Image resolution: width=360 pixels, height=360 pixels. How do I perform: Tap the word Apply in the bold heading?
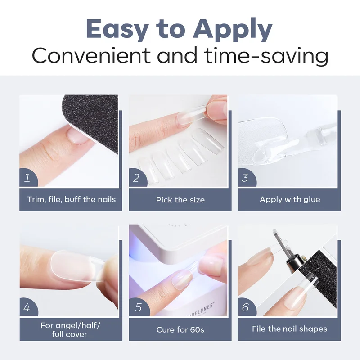point(233,30)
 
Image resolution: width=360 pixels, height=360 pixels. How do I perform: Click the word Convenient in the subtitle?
point(91,55)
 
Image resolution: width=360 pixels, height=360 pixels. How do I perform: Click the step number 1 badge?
point(27,178)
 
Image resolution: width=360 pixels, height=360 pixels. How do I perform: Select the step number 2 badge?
point(137,178)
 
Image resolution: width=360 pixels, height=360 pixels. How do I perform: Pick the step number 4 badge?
point(27,307)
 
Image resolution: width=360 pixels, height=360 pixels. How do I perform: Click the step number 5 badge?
point(138,307)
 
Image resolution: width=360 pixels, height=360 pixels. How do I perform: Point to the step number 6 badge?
point(246,307)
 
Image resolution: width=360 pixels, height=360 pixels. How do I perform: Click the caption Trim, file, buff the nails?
point(72,199)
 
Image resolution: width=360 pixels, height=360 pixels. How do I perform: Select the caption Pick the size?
point(180,200)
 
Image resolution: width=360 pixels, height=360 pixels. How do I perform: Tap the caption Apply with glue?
point(290,199)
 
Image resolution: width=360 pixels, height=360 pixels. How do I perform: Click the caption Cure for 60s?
point(180,330)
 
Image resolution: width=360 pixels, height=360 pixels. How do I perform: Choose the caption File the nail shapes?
point(289,329)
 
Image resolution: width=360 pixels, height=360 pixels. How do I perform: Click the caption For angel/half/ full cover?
point(70,330)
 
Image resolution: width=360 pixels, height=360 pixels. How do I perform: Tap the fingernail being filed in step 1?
point(78,136)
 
